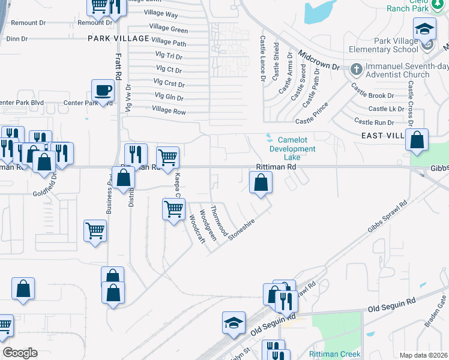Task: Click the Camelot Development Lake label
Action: [x=292, y=149]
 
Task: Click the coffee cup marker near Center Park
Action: [x=103, y=91]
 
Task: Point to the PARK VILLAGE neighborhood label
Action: [x=118, y=38]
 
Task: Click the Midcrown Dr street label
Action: [x=318, y=58]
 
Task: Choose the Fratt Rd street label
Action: [x=118, y=67]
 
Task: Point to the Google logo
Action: [x=20, y=353]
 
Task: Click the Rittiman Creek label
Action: [x=335, y=354]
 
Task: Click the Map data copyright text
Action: [x=423, y=355]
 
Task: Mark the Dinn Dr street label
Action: [x=17, y=39]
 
